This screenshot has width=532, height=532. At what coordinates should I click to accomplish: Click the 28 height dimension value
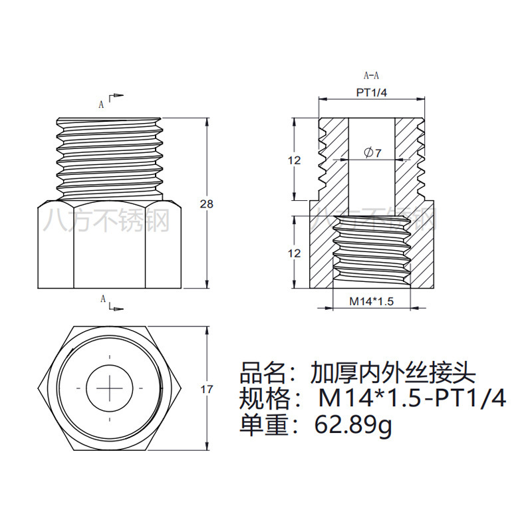pos(207,204)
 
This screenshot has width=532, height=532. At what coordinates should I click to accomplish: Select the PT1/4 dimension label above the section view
pos(371,93)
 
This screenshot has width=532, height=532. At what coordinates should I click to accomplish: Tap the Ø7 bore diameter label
pos(372,153)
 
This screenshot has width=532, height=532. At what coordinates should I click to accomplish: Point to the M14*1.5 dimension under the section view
pos(372,302)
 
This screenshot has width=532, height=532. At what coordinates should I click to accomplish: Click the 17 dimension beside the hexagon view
pos(207,389)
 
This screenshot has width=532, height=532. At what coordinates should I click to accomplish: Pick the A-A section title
pos(371,76)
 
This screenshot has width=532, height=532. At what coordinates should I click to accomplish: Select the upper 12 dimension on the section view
pos(295,160)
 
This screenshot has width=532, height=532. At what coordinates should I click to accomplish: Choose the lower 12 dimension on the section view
pos(295,253)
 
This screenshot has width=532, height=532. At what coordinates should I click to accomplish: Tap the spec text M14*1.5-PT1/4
pos(412,398)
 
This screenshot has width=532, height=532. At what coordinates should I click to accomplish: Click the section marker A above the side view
pos(101,104)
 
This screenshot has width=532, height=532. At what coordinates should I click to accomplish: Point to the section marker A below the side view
pos(103,300)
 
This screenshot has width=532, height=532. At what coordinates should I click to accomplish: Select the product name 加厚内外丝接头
pos(393,371)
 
